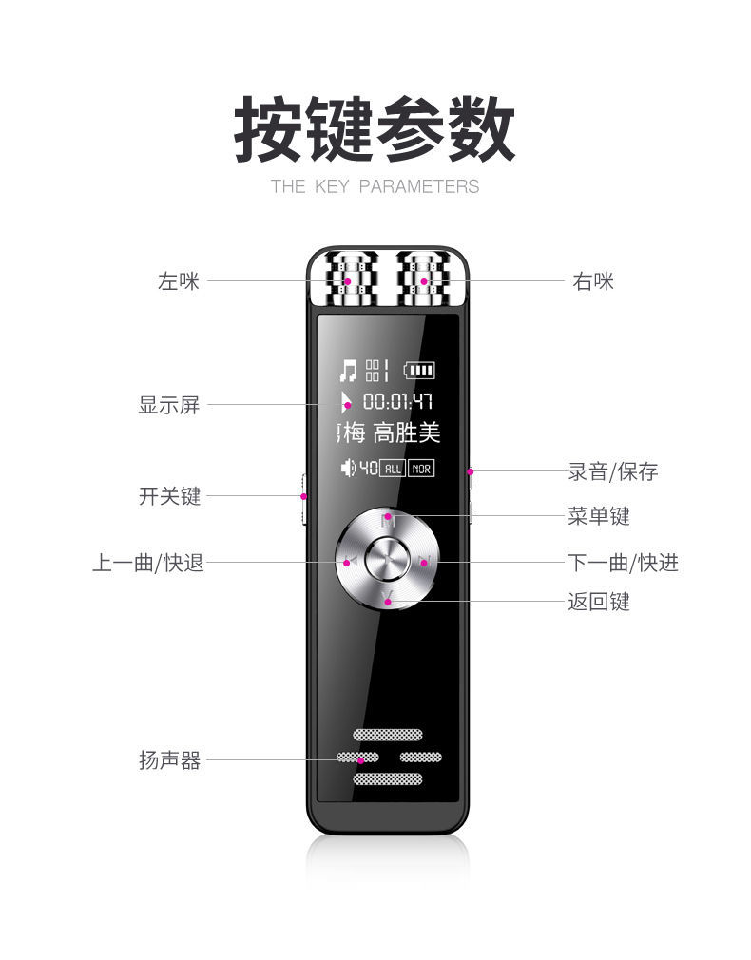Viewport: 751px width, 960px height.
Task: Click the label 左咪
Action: (179, 281)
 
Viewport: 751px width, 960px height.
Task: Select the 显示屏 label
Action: (169, 405)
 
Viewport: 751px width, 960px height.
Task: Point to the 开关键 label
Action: (169, 496)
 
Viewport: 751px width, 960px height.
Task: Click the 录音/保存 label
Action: (612, 471)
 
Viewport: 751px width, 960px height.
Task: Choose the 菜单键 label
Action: (599, 516)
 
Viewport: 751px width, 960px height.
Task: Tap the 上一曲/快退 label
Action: (147, 563)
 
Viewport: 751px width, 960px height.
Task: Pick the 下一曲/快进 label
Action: (623, 563)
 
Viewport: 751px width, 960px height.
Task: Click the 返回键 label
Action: (599, 602)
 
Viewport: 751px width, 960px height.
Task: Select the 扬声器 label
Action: (169, 760)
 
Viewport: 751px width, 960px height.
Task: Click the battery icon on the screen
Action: (419, 370)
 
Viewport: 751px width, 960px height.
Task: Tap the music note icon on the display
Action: (349, 370)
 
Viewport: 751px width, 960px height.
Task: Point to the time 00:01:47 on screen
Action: (398, 401)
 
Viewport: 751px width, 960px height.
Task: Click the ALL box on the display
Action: (392, 468)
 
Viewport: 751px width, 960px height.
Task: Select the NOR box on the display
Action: (421, 468)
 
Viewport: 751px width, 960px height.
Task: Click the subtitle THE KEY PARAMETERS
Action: (375, 186)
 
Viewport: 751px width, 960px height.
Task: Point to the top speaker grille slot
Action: (388, 735)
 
